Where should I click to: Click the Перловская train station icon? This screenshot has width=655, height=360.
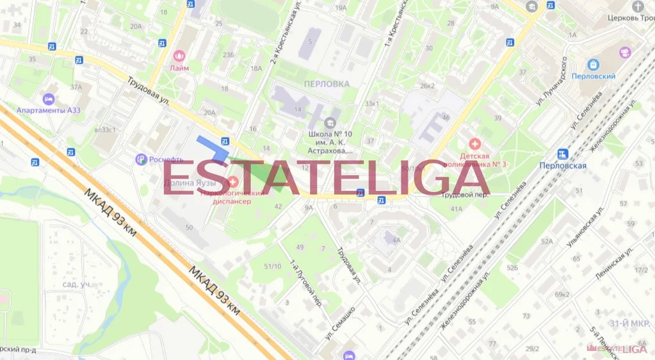563,154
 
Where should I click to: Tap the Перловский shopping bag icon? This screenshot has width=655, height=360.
594,65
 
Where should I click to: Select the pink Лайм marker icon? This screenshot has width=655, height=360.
179,56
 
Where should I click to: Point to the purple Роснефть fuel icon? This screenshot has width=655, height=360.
141,160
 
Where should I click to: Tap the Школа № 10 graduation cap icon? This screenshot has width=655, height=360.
330,123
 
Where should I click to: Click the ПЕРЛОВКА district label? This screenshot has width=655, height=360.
327,83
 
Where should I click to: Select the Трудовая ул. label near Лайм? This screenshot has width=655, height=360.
147,92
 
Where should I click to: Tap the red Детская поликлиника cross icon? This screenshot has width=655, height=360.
474,144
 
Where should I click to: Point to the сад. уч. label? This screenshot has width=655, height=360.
76,284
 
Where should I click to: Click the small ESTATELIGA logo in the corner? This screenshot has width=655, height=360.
621,349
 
